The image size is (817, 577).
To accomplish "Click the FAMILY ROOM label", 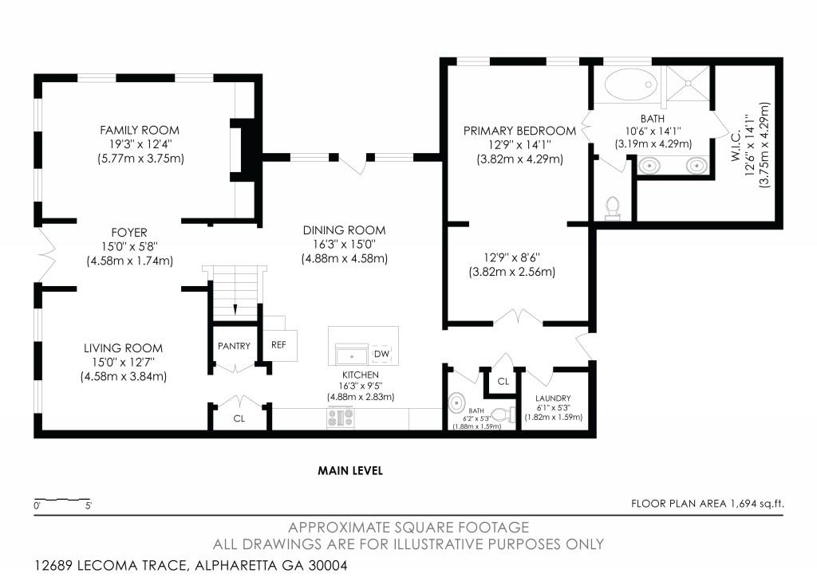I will pyautogui.click(x=139, y=130).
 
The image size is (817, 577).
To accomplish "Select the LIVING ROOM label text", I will pyautogui.click(x=123, y=348).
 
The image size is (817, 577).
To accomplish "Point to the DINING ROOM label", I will pyautogui.click(x=344, y=230).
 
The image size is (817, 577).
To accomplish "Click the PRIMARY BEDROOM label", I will pyautogui.click(x=519, y=131).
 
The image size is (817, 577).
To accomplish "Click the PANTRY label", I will pyautogui.click(x=234, y=346).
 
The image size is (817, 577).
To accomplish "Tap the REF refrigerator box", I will pyautogui.click(x=278, y=345).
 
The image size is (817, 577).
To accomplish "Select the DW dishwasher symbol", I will pyautogui.click(x=381, y=353).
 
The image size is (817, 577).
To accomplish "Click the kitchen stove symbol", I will pyautogui.click(x=341, y=418).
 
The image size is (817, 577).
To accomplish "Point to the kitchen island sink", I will pyautogui.click(x=351, y=354).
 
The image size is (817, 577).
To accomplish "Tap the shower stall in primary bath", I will pyautogui.click(x=687, y=84).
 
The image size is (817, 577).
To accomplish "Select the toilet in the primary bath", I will pyautogui.click(x=613, y=207).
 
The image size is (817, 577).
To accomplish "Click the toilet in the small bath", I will pyautogui.click(x=500, y=414).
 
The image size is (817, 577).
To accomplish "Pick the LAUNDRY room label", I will pyautogui.click(x=553, y=398).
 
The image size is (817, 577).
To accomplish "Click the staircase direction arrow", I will pyautogui.click(x=235, y=308).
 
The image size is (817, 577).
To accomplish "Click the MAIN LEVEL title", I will pyautogui.click(x=350, y=471).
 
